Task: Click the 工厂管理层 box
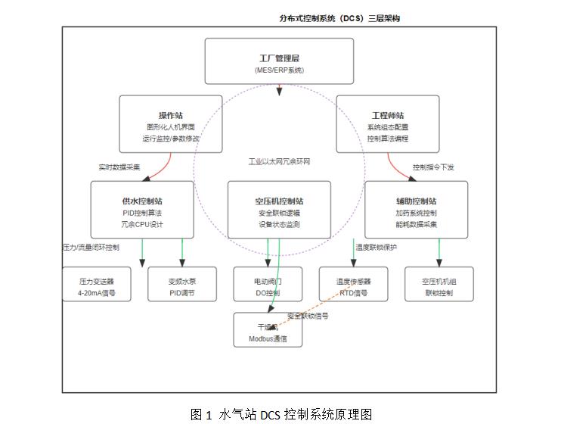click(279, 61)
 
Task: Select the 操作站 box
click(171, 123)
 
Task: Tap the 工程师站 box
click(387, 123)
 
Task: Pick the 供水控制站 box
click(142, 210)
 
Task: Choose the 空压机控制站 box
click(279, 210)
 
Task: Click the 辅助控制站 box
click(416, 210)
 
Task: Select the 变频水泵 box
click(181, 285)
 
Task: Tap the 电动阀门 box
click(268, 285)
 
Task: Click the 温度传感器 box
click(353, 285)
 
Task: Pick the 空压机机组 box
click(439, 285)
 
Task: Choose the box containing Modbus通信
click(268, 330)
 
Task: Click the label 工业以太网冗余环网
click(280, 162)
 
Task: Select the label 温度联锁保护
click(376, 247)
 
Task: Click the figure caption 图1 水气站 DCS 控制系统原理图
click(280, 413)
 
